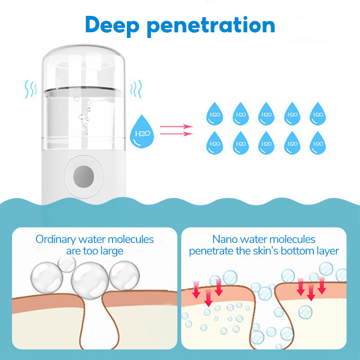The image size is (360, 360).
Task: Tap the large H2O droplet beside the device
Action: coord(143,130)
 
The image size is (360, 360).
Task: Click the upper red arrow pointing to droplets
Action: coord(176,127)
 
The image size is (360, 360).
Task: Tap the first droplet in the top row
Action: coord(215,113)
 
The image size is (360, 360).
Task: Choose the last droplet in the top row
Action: coord(318,113)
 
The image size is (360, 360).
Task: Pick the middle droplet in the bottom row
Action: coord(266,143)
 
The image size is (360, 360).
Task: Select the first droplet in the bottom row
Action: coord(215,143)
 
